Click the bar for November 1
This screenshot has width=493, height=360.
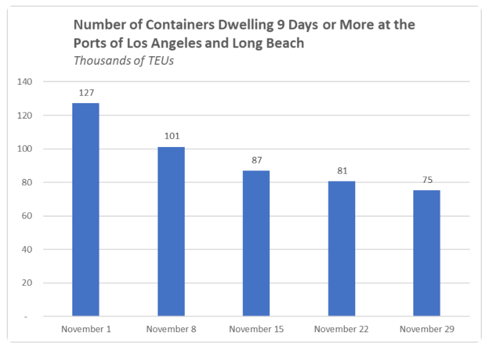[86, 210]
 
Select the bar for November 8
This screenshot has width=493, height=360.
[171, 232]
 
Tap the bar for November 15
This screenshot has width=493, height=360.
[256, 243]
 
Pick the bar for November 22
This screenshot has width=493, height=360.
[342, 249]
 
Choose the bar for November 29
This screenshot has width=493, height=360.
[427, 253]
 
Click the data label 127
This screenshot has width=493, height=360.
[86, 93]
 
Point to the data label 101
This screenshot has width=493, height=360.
[171, 136]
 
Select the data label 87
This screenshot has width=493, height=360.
[256, 160]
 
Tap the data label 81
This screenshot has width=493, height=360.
[342, 170]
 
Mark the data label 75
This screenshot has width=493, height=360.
[427, 180]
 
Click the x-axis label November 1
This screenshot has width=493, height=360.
[86, 329]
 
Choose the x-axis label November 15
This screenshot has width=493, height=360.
[256, 329]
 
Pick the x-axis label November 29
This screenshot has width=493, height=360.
[427, 329]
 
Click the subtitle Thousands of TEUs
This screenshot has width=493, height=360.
[124, 61]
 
